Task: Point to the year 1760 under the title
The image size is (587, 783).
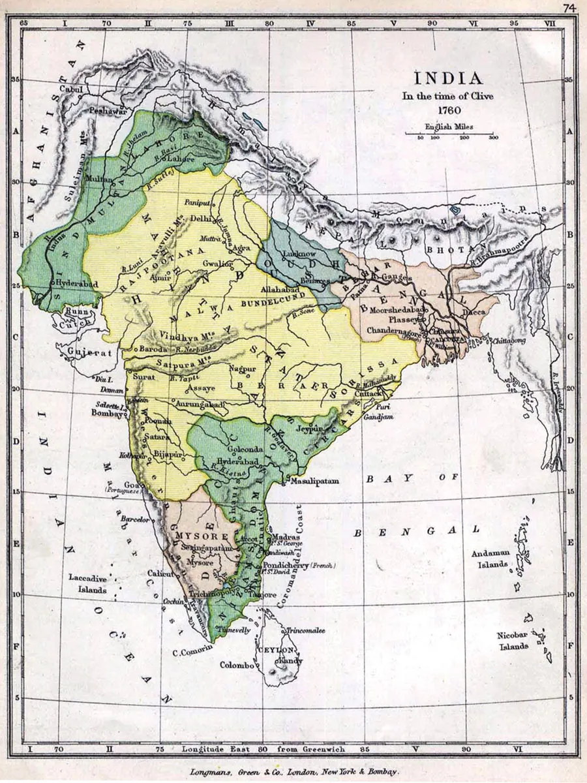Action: click(449, 110)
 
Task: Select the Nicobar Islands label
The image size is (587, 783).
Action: click(515, 640)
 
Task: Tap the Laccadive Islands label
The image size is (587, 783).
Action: click(87, 583)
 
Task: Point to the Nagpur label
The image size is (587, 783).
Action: click(242, 369)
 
